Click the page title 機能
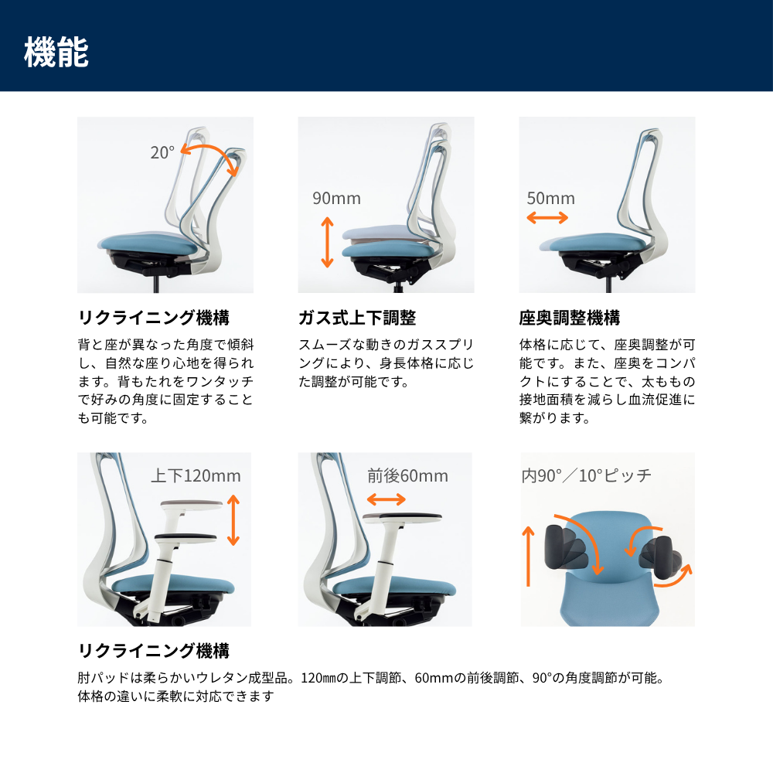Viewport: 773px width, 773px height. click(56, 52)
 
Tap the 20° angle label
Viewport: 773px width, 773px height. click(162, 152)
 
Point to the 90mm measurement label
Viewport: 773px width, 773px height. click(337, 198)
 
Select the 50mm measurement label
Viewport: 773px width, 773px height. click(550, 198)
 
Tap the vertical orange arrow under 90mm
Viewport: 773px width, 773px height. click(327, 242)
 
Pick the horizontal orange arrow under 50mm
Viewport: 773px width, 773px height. click(547, 217)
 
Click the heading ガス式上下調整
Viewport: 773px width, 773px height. click(357, 318)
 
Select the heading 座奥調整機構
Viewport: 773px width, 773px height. click(570, 318)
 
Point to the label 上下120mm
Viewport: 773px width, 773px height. click(196, 475)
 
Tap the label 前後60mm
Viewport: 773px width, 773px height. click(407, 475)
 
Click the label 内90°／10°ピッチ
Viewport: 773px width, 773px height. click(586, 475)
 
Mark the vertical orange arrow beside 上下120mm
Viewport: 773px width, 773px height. click(233, 520)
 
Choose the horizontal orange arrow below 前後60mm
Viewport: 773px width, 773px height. click(386, 500)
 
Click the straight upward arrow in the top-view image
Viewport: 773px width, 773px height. click(529, 556)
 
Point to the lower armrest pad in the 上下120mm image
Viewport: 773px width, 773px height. click(186, 538)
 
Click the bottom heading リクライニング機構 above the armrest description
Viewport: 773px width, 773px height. click(154, 651)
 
